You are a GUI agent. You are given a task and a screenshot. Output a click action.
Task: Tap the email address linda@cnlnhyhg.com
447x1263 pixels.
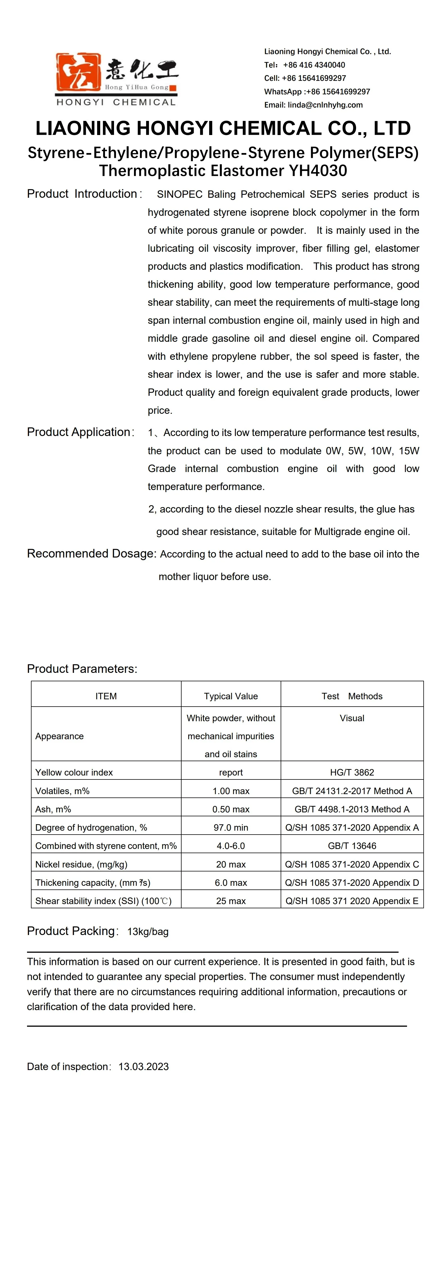click(x=325, y=105)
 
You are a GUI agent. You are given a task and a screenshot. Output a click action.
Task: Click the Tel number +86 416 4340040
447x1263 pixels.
click(x=314, y=65)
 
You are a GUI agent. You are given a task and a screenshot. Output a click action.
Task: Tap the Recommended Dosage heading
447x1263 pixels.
click(x=91, y=554)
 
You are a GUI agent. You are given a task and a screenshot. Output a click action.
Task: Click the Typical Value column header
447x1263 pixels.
click(x=231, y=696)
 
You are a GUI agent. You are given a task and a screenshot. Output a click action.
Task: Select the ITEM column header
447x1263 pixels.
click(x=106, y=696)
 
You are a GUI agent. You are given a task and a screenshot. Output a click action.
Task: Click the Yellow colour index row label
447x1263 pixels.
click(x=74, y=772)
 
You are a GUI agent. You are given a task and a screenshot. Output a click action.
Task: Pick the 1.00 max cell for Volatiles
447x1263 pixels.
click(x=231, y=791)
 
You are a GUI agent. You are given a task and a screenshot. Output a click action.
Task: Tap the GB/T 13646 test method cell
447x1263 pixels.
click(x=352, y=846)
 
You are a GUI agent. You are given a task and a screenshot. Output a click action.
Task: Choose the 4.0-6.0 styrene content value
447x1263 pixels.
click(x=231, y=846)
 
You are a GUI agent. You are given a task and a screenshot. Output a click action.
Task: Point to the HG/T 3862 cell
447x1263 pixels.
click(x=352, y=772)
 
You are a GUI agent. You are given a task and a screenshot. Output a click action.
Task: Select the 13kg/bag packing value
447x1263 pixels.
click(x=148, y=932)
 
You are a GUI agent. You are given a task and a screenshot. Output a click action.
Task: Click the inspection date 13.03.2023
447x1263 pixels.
click(x=143, y=1066)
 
